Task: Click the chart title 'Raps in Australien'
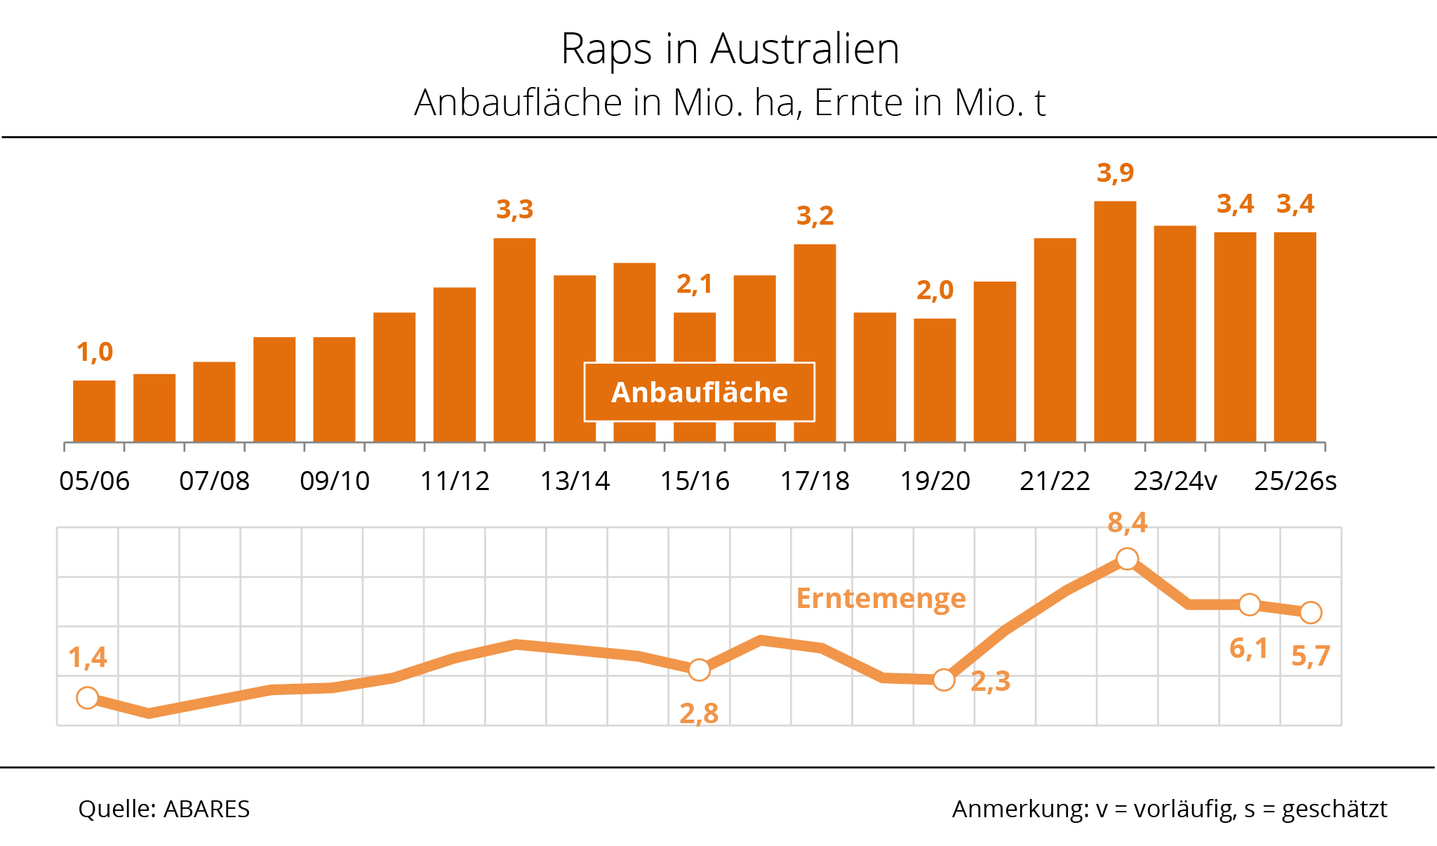click(730, 49)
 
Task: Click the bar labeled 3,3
click(514, 340)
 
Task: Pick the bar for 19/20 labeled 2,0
click(935, 380)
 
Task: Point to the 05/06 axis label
click(94, 482)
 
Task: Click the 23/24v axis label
click(1175, 482)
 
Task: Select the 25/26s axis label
click(1295, 482)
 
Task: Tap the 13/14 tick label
click(575, 482)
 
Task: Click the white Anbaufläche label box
click(700, 392)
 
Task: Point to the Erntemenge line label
click(881, 599)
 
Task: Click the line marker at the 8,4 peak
click(1127, 560)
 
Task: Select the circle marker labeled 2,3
click(944, 680)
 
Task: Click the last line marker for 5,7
click(1311, 613)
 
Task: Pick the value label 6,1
click(1249, 649)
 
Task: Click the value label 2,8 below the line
click(699, 714)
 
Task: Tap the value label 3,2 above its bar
click(815, 216)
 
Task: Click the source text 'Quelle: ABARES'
click(164, 809)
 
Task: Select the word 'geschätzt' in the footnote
click(1334, 809)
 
